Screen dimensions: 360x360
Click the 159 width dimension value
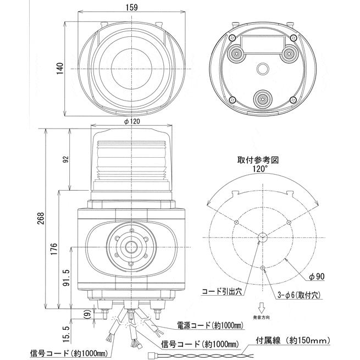click(x=132, y=7)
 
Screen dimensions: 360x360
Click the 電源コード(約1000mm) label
click(x=209, y=325)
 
